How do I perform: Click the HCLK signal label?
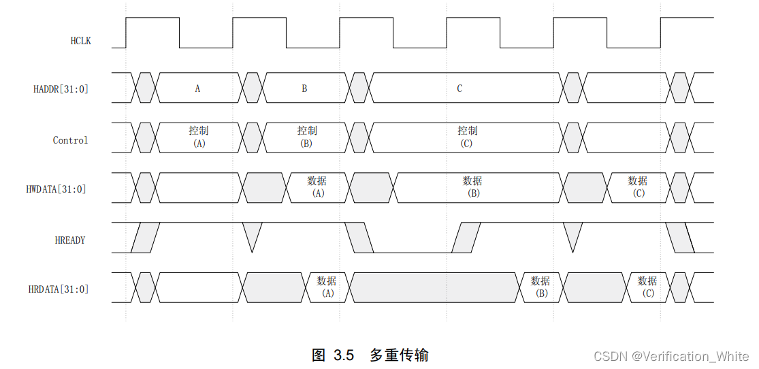click(80, 41)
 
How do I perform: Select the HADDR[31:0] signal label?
click(61, 89)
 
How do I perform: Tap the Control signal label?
click(70, 140)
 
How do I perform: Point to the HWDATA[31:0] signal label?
click(56, 189)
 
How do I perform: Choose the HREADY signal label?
click(70, 240)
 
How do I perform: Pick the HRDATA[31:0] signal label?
click(59, 289)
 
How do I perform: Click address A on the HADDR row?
click(197, 89)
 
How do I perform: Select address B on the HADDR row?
click(304, 89)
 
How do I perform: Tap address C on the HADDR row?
click(459, 89)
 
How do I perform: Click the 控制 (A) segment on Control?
click(199, 137)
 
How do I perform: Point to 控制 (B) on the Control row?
click(306, 137)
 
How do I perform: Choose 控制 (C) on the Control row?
click(467, 137)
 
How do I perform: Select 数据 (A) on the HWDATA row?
click(317, 187)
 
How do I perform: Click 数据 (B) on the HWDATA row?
click(473, 187)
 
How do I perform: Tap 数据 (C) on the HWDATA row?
click(638, 187)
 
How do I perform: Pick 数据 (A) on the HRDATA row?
click(327, 287)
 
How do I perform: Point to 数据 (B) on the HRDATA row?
click(541, 287)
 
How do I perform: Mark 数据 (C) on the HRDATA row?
click(647, 287)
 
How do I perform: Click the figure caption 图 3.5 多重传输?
click(370, 355)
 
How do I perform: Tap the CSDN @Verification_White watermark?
click(671, 356)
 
